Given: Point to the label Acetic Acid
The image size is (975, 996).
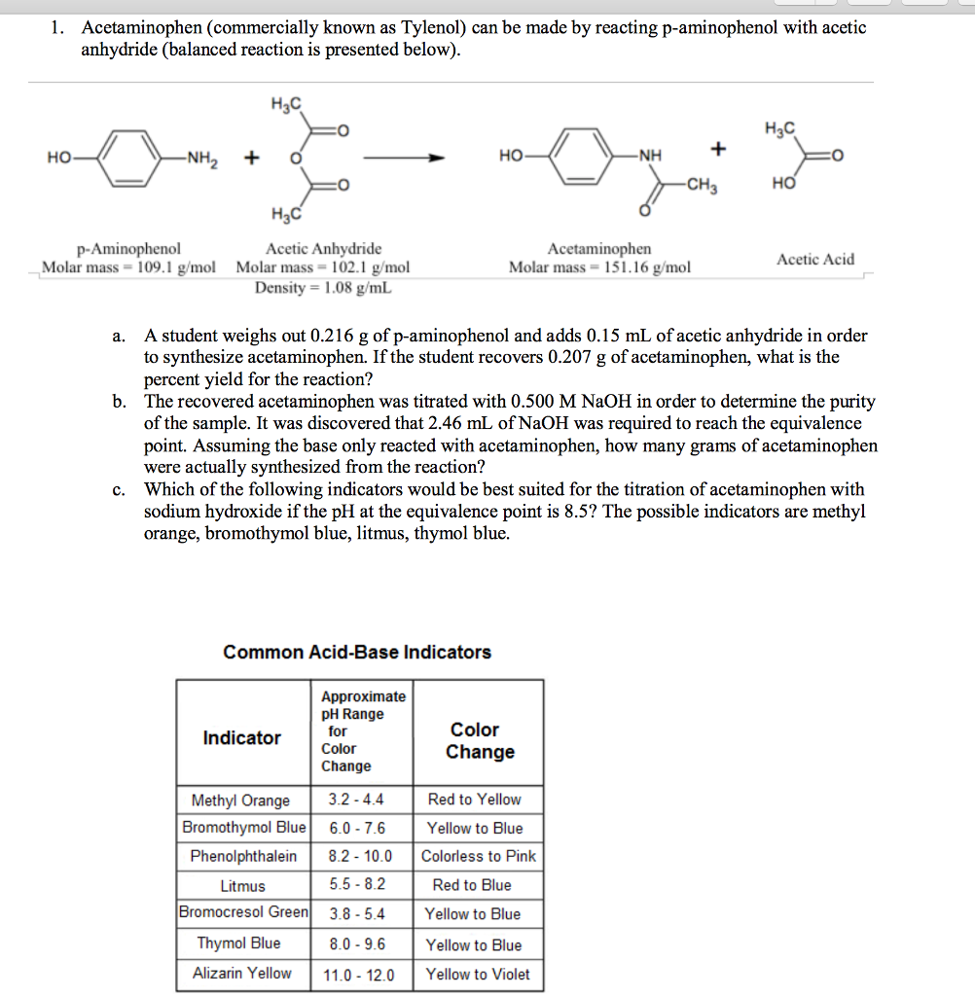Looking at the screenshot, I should click(815, 259).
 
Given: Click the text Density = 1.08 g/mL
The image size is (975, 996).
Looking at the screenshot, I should click(323, 287).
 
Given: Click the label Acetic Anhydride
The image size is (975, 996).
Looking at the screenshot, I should click(323, 249).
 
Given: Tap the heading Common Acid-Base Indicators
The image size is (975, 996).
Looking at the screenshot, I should click(357, 652).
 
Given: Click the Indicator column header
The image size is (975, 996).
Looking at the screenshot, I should click(241, 737).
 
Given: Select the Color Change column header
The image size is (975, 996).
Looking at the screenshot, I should click(480, 740).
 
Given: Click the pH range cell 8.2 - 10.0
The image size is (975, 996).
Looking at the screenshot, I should click(360, 857).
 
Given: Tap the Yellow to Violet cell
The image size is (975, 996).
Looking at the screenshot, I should click(478, 974).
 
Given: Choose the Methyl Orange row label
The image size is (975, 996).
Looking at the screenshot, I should click(240, 800).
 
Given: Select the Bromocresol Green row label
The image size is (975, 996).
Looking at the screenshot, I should click(243, 912).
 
